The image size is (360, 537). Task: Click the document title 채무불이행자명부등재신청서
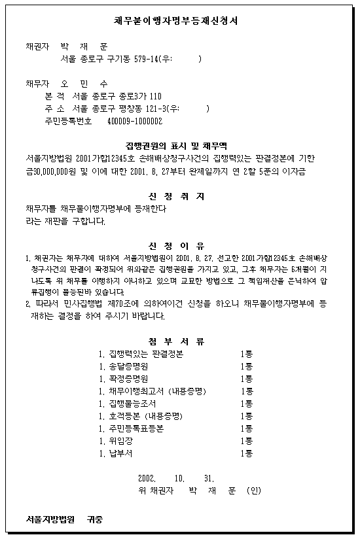pos(179,21)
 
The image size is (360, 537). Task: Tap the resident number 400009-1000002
pos(137,122)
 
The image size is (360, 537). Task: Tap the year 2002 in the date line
pos(148,477)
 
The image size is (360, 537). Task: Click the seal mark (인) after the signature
pos(253,490)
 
